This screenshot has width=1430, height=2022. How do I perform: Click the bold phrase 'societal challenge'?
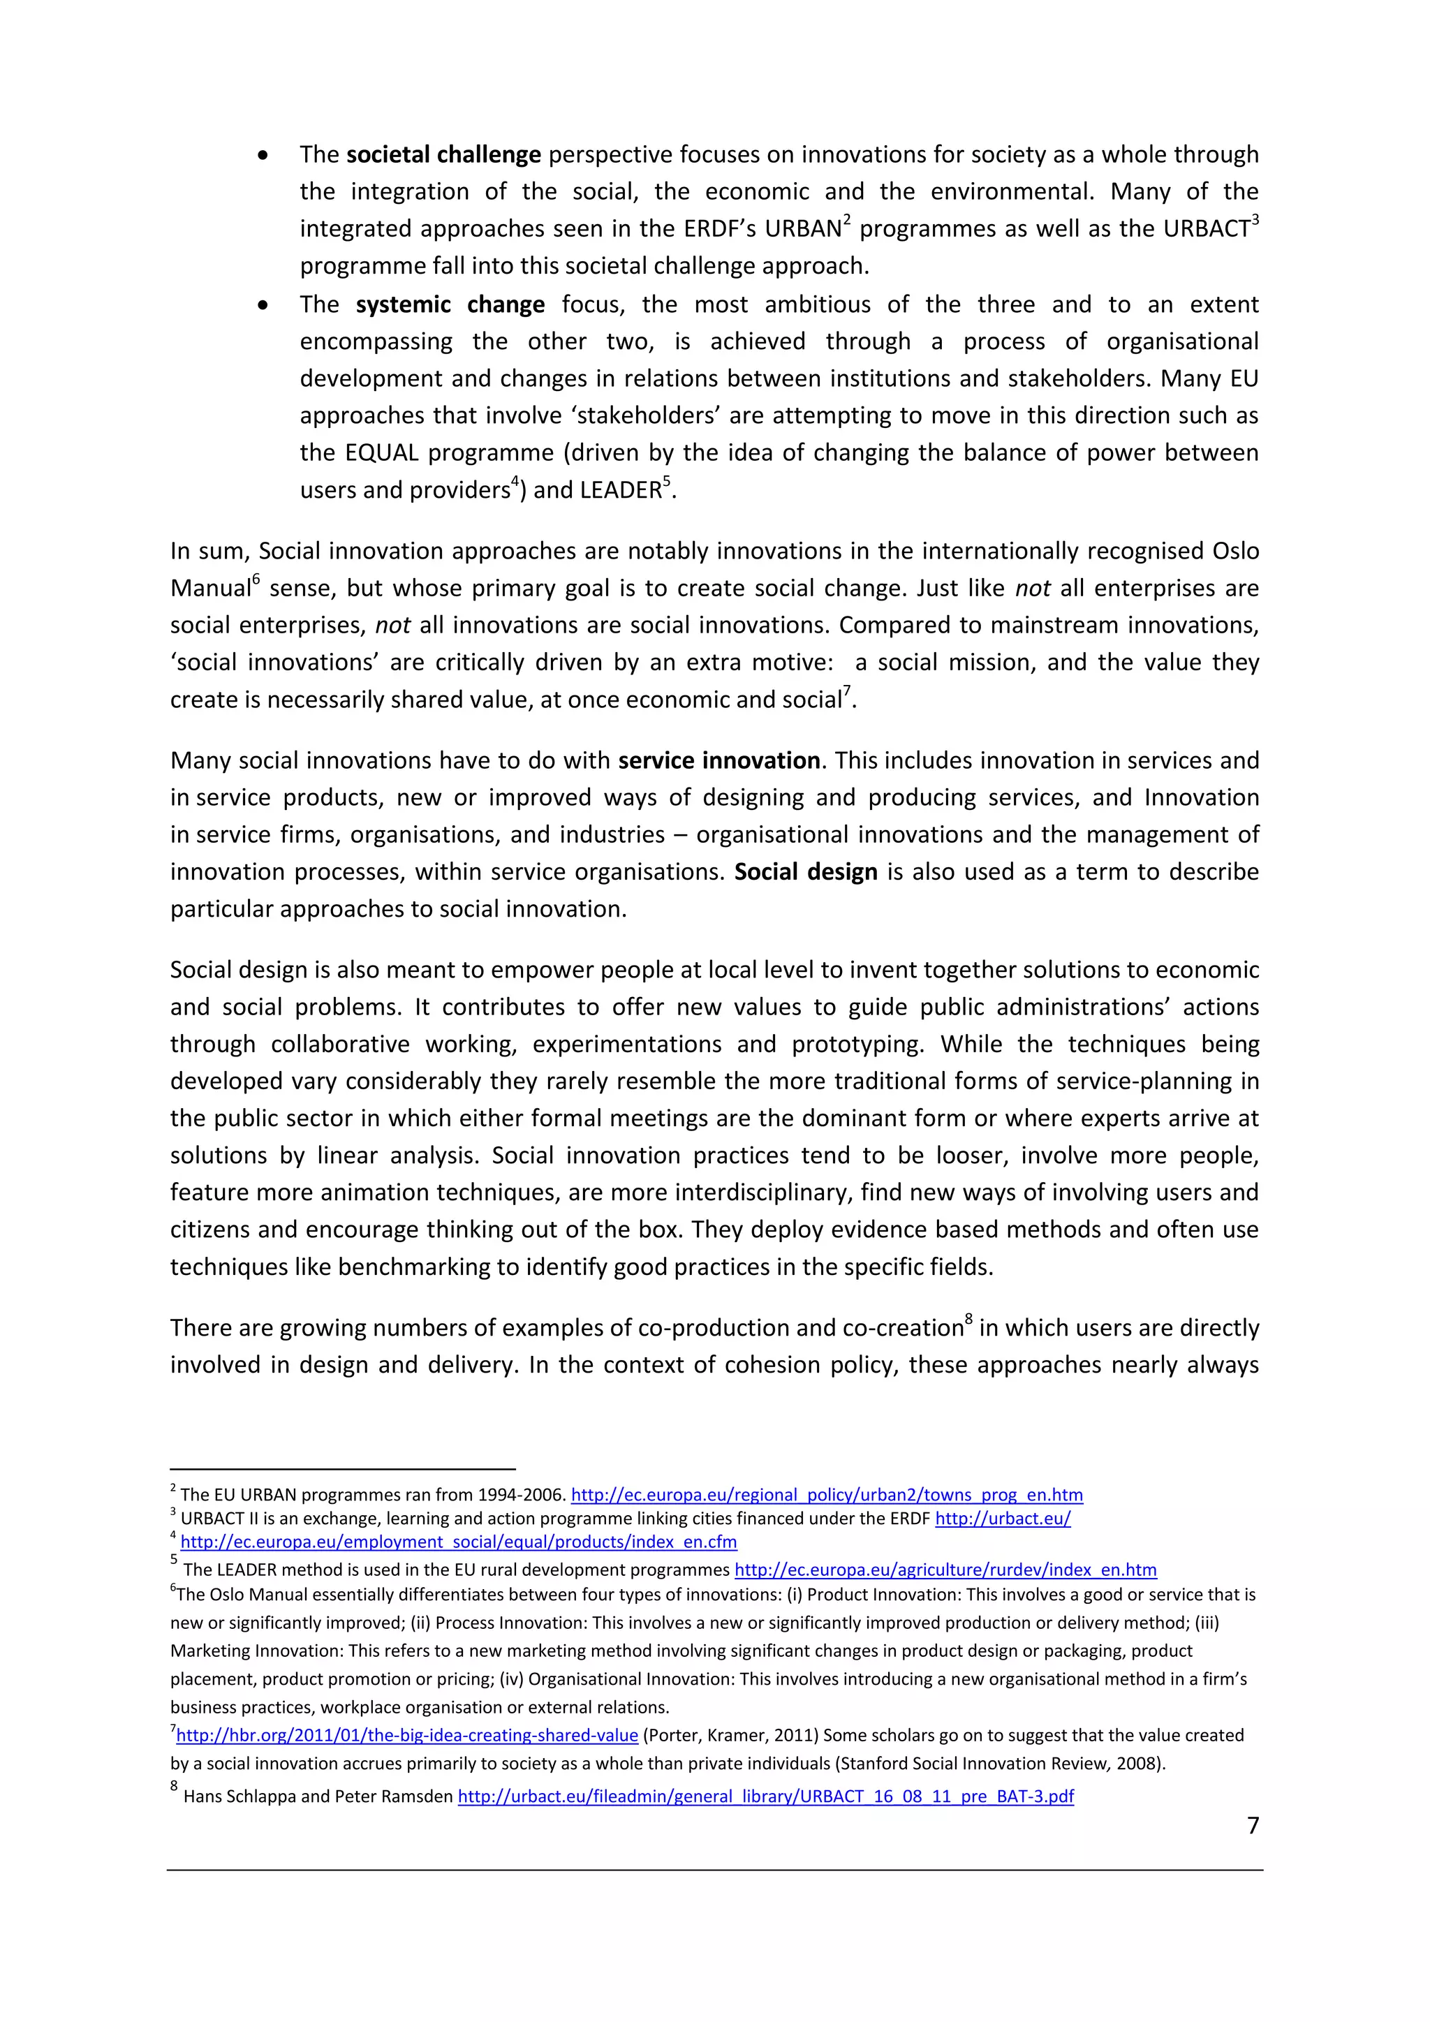(443, 155)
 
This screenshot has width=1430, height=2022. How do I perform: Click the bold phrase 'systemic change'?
(450, 304)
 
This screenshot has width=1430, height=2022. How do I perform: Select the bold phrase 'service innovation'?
(718, 761)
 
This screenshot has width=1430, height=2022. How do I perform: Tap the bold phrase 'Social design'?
(806, 872)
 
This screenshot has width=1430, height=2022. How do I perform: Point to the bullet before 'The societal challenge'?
(263, 156)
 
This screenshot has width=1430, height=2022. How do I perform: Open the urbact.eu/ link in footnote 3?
(1002, 1519)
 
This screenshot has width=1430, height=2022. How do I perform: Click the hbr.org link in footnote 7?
(407, 1735)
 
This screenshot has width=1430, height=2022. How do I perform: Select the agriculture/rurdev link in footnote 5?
(945, 1570)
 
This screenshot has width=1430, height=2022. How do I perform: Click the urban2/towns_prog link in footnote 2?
(827, 1494)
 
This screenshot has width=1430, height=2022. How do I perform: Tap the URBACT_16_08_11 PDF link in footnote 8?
(765, 1796)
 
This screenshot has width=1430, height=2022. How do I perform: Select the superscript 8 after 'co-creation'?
(968, 1318)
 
